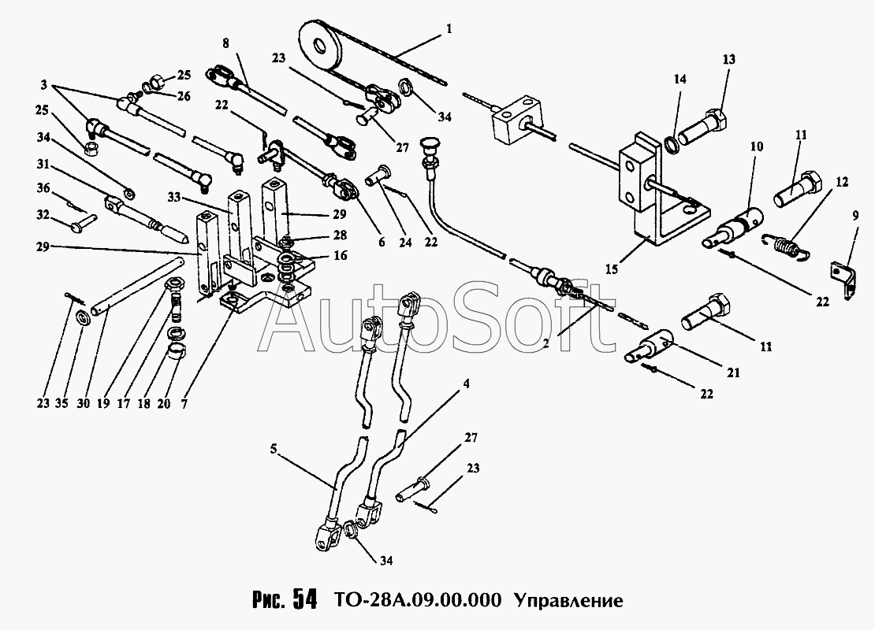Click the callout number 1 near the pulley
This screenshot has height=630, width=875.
click(450, 29)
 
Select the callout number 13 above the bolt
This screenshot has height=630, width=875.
click(729, 59)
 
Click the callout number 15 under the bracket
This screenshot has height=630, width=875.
click(612, 269)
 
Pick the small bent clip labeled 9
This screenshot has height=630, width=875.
click(842, 280)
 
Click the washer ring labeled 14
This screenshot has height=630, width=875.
click(673, 145)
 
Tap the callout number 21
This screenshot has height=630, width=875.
click(734, 373)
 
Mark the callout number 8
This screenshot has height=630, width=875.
click(225, 44)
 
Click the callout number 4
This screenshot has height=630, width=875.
click(467, 384)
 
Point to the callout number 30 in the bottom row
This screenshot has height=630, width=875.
click(83, 403)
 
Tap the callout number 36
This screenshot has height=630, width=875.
click(43, 190)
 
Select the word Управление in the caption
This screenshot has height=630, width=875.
click(568, 600)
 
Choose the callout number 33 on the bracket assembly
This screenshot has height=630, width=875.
click(174, 197)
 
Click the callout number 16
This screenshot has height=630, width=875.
click(340, 255)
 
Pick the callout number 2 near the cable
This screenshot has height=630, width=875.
click(545, 344)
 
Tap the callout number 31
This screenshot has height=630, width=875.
click(43, 165)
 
